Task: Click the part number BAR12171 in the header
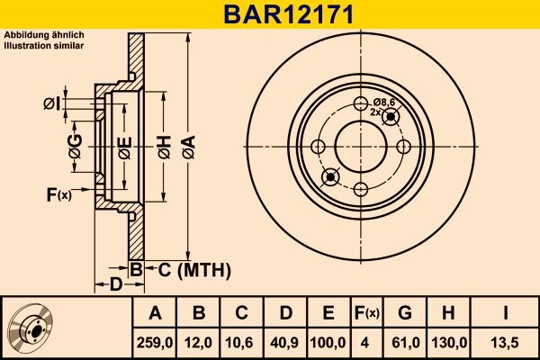tap(269, 14)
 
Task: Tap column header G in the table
tap(405, 313)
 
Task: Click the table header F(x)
tap(366, 313)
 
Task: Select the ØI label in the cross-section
tap(50, 104)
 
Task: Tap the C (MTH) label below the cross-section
tap(194, 269)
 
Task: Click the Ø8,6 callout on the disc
tap(385, 103)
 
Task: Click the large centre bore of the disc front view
tap(360, 145)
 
